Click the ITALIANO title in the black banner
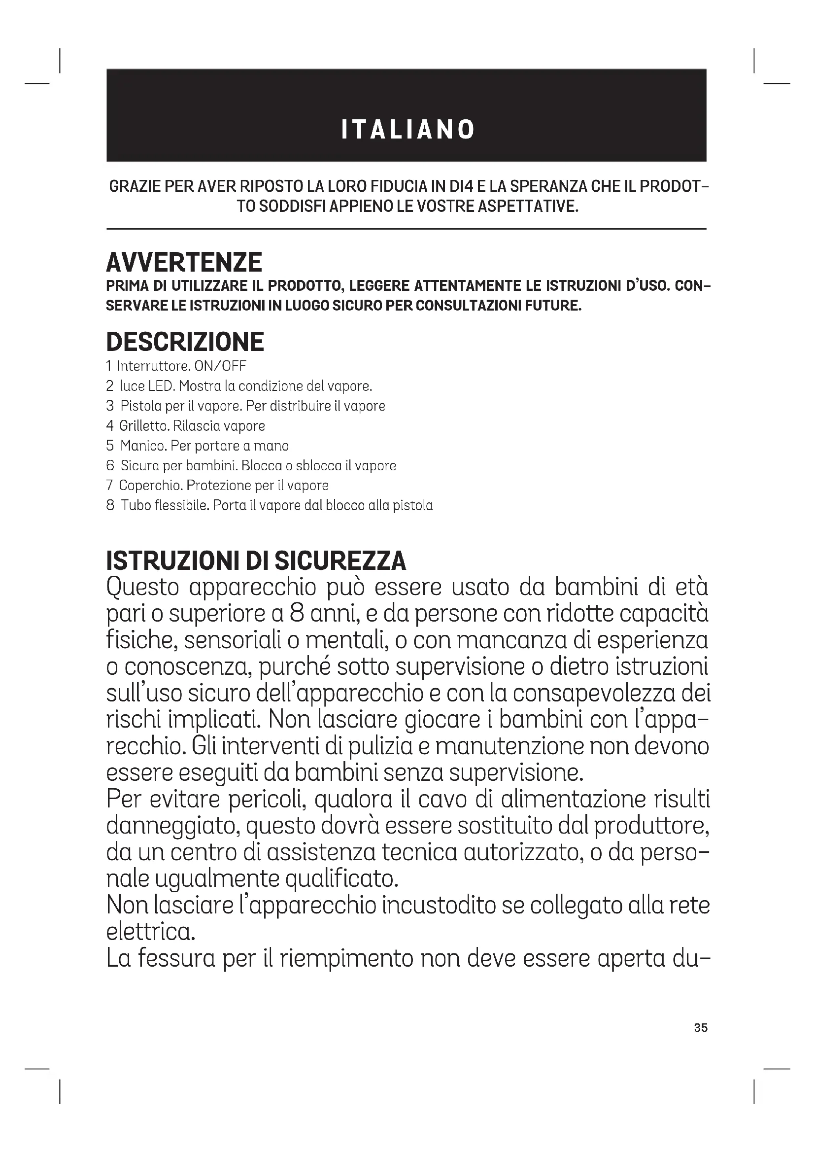[407, 130]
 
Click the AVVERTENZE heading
[184, 262]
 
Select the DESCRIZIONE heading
[185, 342]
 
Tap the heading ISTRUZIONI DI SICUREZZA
[256, 561]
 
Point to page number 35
[701, 1028]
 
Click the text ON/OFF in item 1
[220, 366]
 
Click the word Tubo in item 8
[132, 505]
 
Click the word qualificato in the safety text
[341, 879]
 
